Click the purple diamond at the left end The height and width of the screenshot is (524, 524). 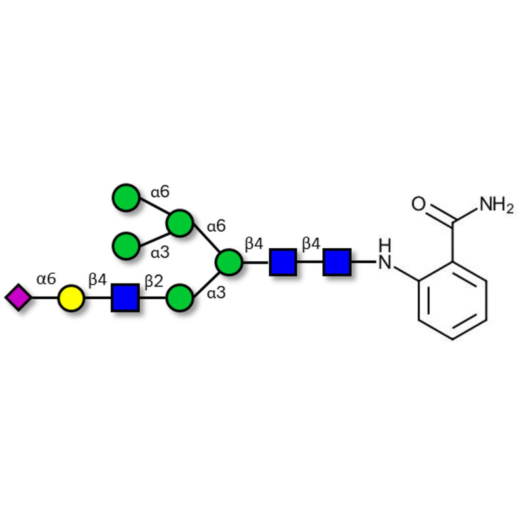pos(18,297)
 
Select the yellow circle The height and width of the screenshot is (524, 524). pos(71,298)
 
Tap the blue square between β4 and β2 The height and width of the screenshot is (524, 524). pos(125,298)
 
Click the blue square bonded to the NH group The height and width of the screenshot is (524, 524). pos(337,262)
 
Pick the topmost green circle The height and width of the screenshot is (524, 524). pos(126,198)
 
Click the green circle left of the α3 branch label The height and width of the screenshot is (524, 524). pos(126,246)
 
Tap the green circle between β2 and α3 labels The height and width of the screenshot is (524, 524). pos(179,298)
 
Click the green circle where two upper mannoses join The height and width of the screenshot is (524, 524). pos(179,223)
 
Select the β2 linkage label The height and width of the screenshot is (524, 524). pos(153,281)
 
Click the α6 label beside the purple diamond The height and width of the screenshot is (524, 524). pos(46,280)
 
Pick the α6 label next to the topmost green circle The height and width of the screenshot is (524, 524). pos(160,192)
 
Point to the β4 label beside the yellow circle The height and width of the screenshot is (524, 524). pos(98,281)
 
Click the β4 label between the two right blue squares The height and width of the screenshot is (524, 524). pos(311,244)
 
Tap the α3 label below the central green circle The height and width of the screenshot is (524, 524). pos(216,293)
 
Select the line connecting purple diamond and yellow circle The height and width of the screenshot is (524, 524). pos(44,298)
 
